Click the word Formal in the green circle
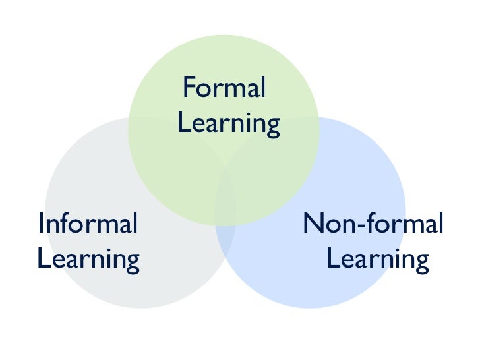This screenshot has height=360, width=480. coord(224,88)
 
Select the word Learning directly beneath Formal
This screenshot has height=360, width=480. coord(229,123)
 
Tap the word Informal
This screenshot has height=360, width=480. coord(88,224)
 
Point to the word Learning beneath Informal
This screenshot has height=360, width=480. coord(88,258)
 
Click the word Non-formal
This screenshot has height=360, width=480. coord(373,224)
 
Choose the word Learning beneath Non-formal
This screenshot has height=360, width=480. coord(377,258)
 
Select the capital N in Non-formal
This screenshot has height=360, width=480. coord(313,224)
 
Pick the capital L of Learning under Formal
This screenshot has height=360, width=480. coord(183,123)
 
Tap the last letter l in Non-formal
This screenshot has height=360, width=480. coord(439,224)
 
